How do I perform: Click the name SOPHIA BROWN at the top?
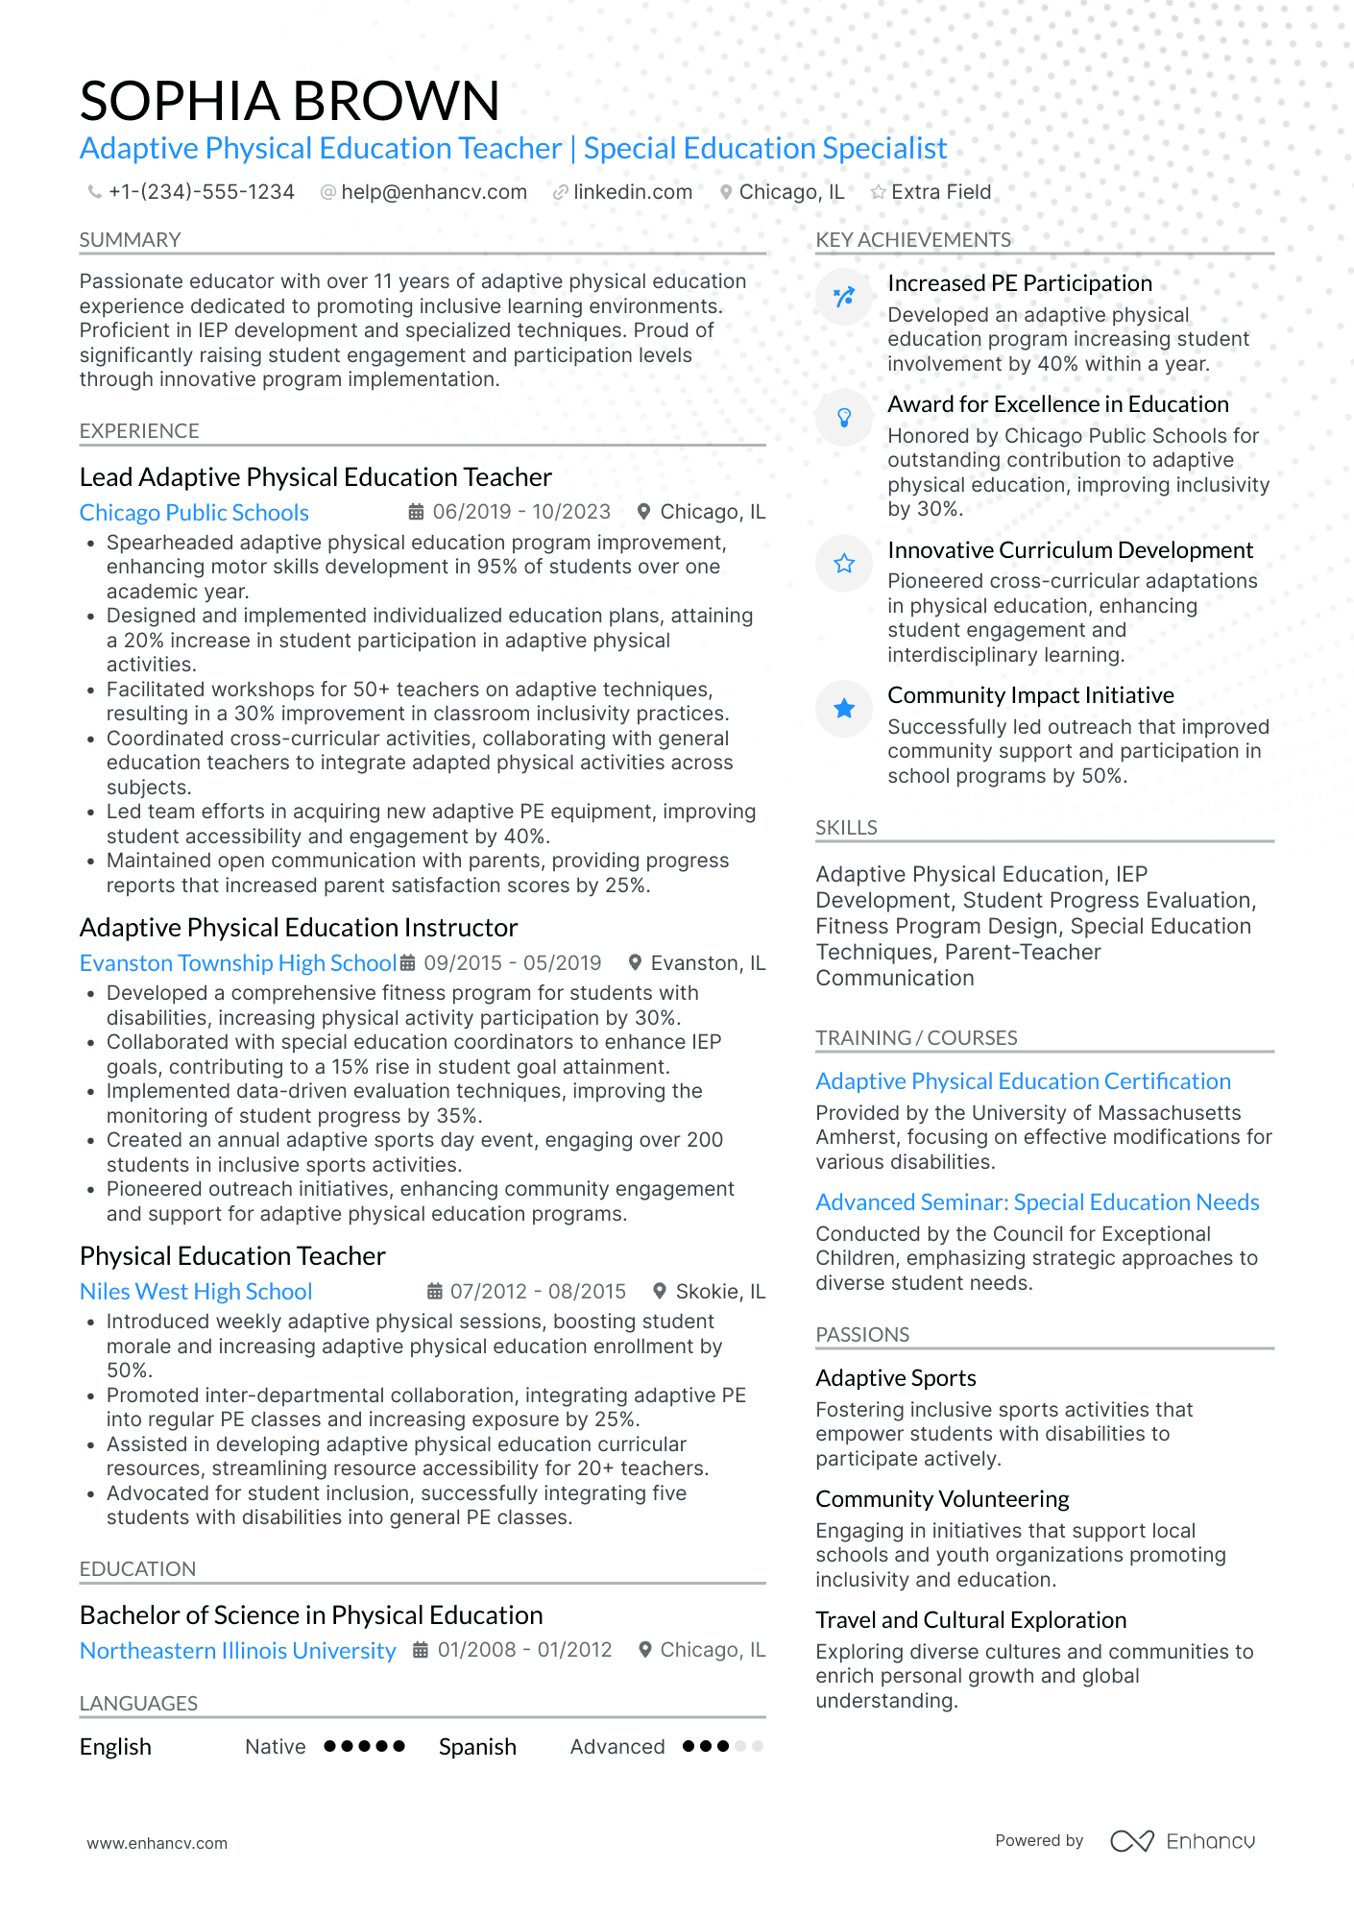coord(289,101)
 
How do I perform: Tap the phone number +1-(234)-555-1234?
coord(201,192)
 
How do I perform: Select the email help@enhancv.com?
coord(433,192)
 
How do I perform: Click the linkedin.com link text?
coord(632,192)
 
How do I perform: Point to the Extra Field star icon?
coord(878,192)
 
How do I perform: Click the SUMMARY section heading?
coord(130,240)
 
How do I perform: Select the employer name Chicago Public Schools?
coord(194,513)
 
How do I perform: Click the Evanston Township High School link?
coord(237,963)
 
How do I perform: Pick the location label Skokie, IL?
coord(719,1292)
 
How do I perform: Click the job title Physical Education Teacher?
coord(232,1256)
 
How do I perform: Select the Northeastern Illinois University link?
coord(237,1651)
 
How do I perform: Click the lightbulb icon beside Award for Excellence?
coord(844,417)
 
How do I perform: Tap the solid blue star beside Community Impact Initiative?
coord(844,709)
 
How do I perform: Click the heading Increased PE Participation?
coord(1019,283)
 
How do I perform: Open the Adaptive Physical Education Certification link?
coord(1023,1081)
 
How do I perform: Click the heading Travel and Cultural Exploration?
coord(970,1620)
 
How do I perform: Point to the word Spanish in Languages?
coord(477,1747)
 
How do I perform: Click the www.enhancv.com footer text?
coord(157,1843)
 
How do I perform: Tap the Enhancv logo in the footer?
coord(1182,1841)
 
